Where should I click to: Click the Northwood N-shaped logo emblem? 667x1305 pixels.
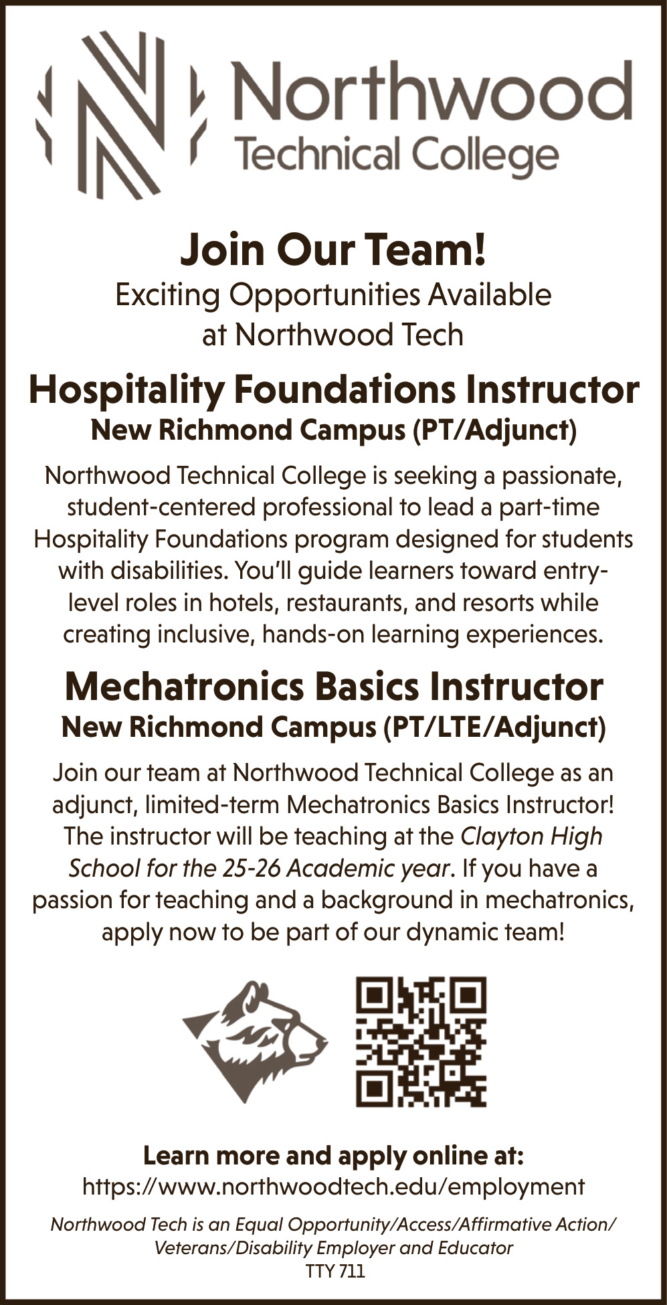tap(120, 115)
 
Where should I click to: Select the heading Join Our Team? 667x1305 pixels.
tap(333, 250)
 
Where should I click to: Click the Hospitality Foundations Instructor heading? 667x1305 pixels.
tap(333, 390)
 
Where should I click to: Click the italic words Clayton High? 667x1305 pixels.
tap(532, 837)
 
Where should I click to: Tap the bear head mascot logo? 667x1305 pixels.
tap(256, 1041)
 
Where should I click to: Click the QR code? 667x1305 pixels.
tap(421, 1041)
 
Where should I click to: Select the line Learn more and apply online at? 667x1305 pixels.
tap(333, 1156)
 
